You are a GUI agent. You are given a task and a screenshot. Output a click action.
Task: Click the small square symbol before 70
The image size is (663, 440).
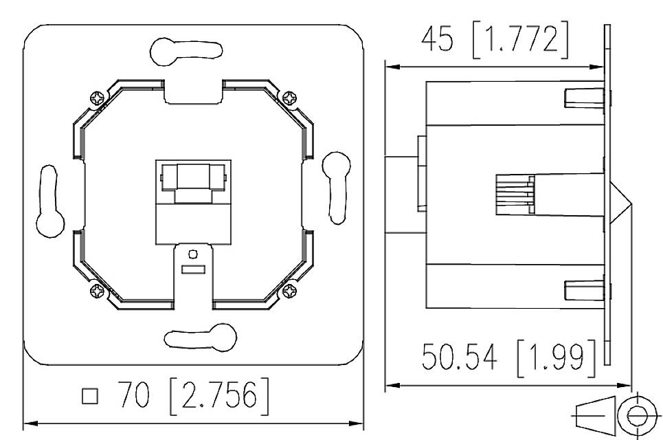pyautogui.click(x=89, y=397)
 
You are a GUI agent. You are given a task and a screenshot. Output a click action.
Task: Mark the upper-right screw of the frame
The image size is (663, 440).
pyautogui.click(x=291, y=98)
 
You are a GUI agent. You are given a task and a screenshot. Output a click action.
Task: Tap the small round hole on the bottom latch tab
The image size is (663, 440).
pyautogui.click(x=193, y=255)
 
